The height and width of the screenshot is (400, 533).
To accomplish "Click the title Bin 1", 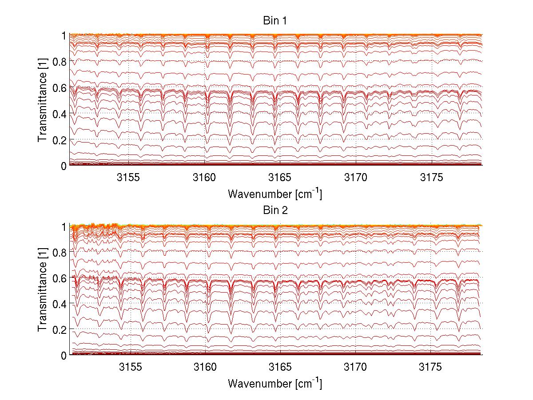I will coord(275,20).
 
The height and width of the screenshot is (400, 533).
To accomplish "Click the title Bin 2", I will coord(275,210).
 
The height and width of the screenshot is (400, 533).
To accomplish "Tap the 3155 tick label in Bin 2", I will coord(130,368).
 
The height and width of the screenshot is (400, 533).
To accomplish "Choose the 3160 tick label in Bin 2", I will coord(205,368).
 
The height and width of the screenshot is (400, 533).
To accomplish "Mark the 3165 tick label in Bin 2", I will coord(281,368).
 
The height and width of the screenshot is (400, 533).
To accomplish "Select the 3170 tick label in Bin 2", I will coord(356,368).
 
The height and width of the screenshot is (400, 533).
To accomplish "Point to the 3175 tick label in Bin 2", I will coord(431,368).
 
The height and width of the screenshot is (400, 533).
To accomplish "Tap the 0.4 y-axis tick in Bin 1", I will coord(60,114).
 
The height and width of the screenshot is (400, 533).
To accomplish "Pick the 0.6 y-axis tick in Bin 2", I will coord(60,278).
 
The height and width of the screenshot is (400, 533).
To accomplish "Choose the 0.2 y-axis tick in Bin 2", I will coord(60,329).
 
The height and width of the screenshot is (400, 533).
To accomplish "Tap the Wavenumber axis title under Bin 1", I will coord(275,194).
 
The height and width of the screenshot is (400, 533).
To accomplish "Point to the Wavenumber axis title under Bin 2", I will coord(275,383).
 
